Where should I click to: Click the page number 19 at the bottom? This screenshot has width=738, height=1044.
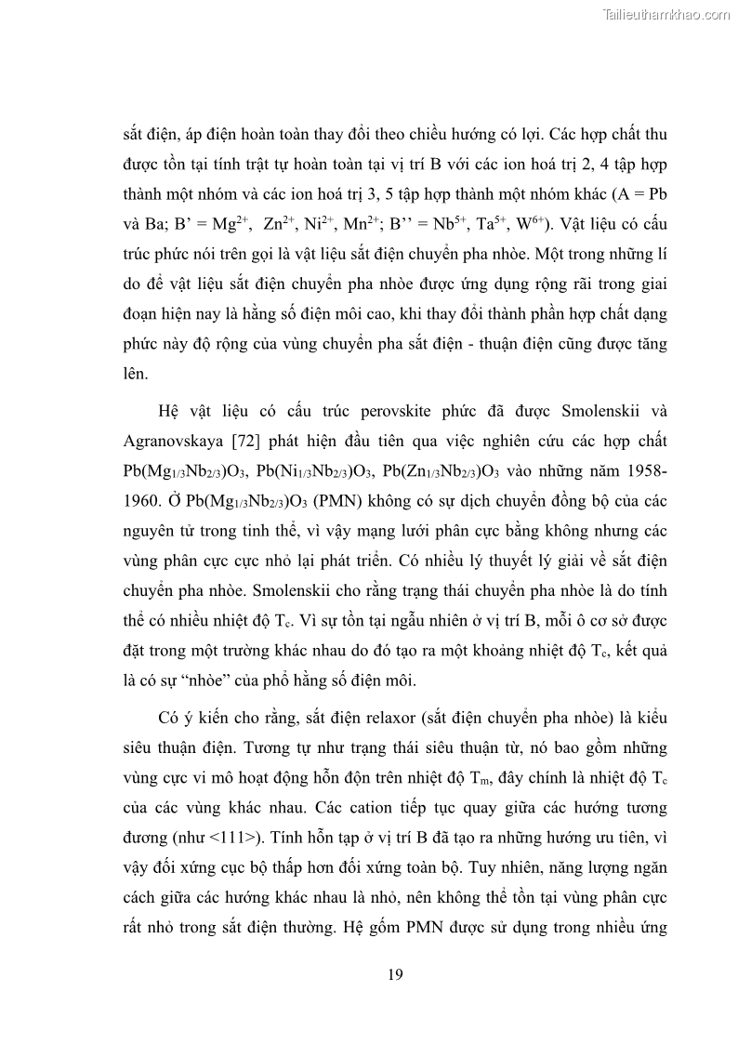[x=395, y=974]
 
